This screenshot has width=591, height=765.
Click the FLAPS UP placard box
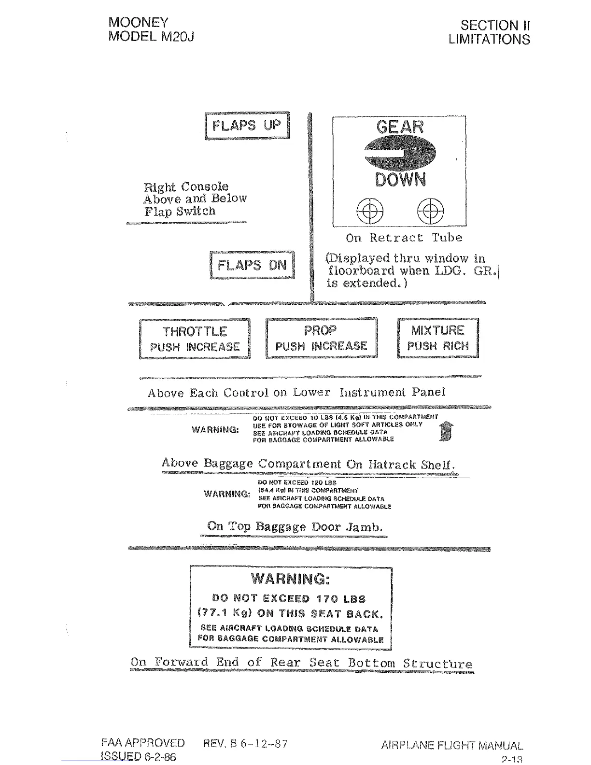click(247, 126)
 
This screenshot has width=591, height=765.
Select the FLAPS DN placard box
click(252, 265)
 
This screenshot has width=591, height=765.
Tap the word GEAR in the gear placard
click(400, 127)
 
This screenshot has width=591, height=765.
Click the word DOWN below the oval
click(400, 180)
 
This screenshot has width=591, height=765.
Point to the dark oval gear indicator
click(400, 153)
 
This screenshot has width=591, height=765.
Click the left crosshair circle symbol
click(370, 211)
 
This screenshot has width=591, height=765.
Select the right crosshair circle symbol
click(430, 211)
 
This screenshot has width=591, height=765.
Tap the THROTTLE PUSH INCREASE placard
click(195, 339)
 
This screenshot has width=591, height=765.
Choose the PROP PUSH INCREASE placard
click(321, 338)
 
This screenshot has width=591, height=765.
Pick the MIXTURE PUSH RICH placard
click(438, 338)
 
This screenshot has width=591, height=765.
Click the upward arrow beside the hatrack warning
click(447, 430)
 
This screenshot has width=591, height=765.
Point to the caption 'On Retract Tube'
click(404, 238)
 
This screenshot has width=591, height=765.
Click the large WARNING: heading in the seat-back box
click(291, 579)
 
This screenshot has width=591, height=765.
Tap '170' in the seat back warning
click(327, 599)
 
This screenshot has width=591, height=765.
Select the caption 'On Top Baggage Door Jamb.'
click(295, 526)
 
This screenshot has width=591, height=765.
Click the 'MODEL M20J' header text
click(151, 36)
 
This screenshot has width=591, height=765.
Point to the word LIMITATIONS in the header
click(489, 39)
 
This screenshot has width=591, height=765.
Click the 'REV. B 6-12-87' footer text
click(246, 743)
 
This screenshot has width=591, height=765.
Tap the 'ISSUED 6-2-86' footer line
click(139, 756)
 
